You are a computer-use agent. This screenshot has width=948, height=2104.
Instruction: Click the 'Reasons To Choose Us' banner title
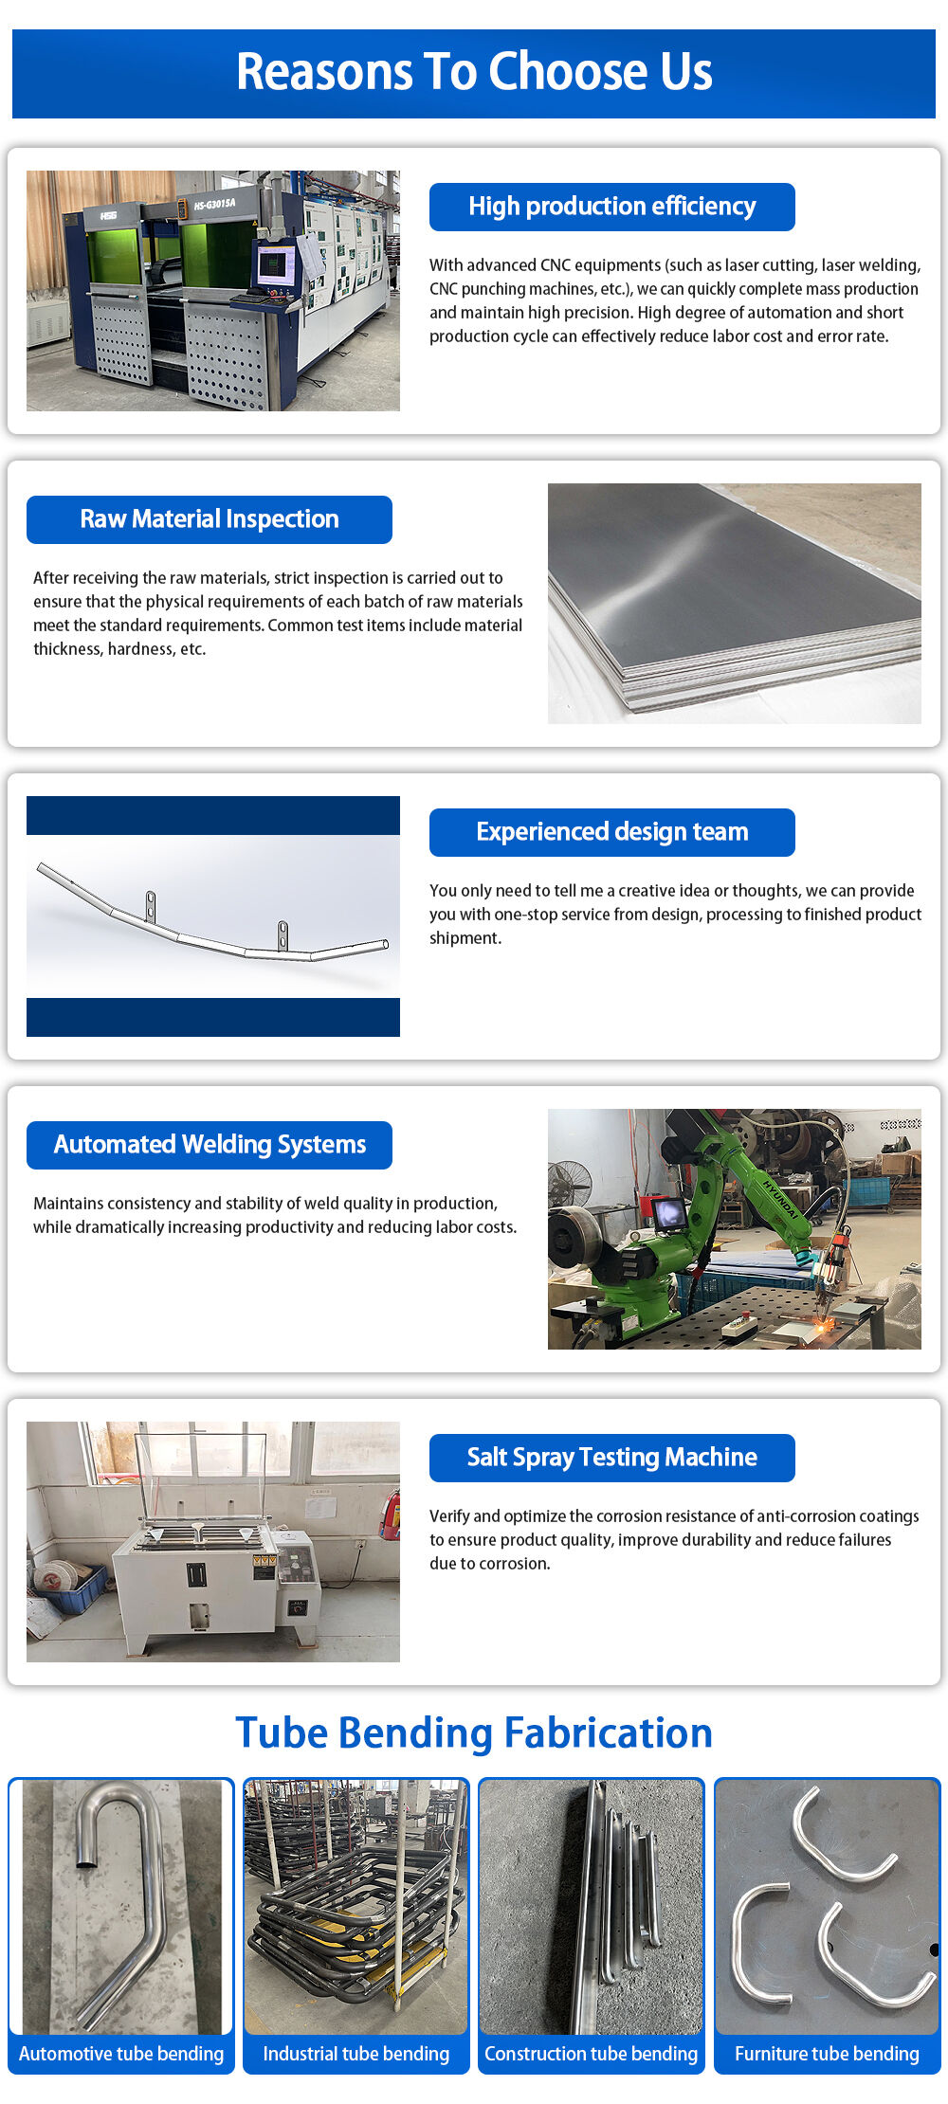tap(474, 72)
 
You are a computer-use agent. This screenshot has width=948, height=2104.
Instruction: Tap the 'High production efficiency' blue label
tap(611, 207)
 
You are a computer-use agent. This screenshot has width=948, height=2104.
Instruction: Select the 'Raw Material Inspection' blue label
tap(209, 519)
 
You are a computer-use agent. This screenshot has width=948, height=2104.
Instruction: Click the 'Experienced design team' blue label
tap(611, 832)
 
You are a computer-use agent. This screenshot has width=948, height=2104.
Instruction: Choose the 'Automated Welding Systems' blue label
tap(209, 1145)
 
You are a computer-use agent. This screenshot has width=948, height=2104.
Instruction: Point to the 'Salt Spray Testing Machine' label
tap(611, 1458)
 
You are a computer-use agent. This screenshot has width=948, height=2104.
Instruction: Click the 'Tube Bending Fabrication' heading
tap(474, 1733)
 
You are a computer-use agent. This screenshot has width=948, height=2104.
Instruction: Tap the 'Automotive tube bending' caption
tap(121, 2054)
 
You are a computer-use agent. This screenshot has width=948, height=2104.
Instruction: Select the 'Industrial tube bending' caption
tap(356, 2054)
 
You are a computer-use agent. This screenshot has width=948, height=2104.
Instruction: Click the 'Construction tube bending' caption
tap(591, 2054)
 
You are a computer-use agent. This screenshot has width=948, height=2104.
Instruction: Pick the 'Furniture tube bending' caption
tap(827, 2054)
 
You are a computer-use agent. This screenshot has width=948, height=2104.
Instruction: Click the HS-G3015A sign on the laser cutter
tap(214, 204)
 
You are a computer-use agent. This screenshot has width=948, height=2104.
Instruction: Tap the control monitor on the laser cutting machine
tap(275, 263)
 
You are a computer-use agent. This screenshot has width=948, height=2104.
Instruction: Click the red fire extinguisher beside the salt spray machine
tap(389, 1514)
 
